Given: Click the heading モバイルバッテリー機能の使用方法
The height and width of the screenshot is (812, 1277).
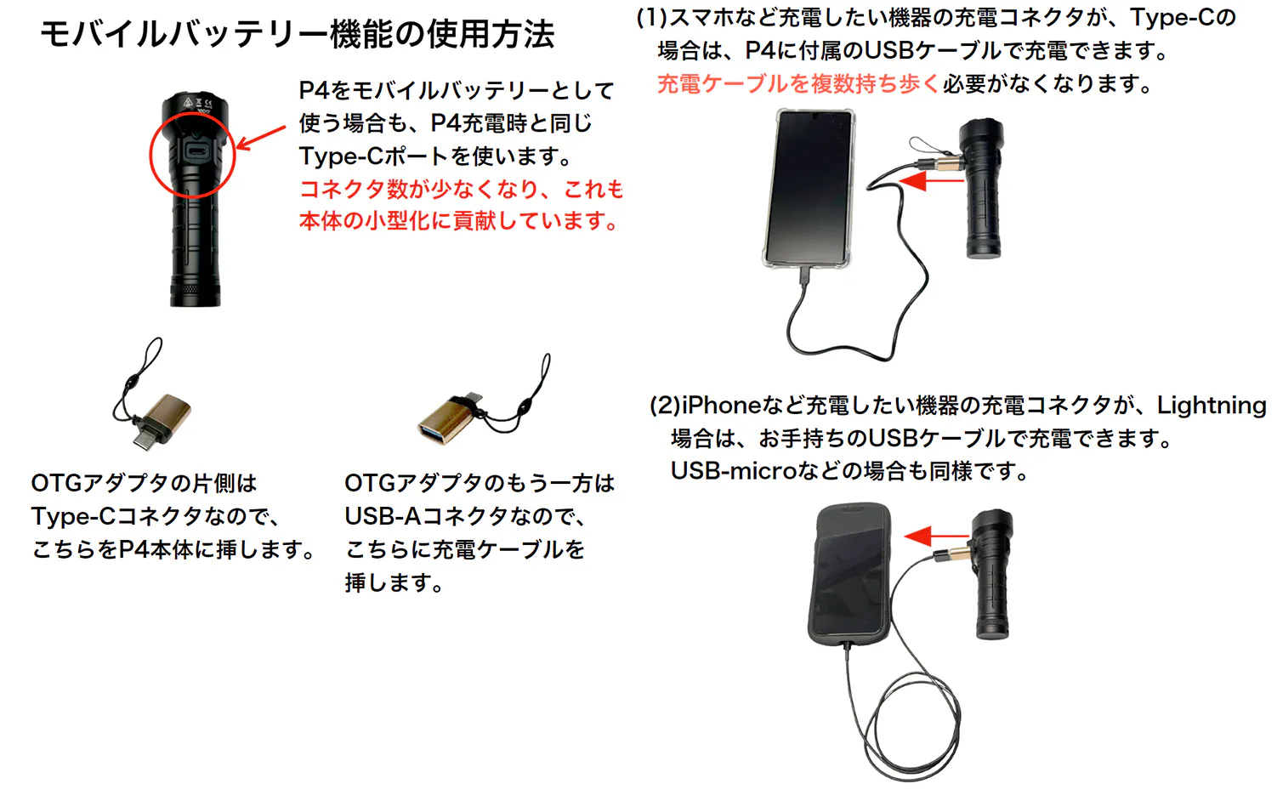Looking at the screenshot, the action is pos(297,34).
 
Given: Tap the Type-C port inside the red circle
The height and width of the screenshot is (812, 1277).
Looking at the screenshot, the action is pos(197,153).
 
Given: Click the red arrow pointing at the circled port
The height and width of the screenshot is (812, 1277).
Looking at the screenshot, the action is pos(260,138).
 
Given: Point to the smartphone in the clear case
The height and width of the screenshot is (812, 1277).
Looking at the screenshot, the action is pos(809,189).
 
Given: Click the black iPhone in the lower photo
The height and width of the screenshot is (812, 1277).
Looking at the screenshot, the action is pos(850,576).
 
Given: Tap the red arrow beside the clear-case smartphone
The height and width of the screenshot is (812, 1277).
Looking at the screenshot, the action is pos(931,181).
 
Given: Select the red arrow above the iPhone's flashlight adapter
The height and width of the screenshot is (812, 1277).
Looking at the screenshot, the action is pos(937,536).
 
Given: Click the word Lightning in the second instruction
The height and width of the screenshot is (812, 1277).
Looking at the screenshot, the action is pos(1212,406).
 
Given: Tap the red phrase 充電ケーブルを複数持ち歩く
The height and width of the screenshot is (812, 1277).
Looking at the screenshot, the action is pos(798,84).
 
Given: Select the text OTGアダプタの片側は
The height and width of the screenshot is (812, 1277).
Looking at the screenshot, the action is pos(145,484).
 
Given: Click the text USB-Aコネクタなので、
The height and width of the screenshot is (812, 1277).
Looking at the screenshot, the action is pos(466,517).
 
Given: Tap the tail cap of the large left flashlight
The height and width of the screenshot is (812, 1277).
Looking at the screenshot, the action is pos(195,292).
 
